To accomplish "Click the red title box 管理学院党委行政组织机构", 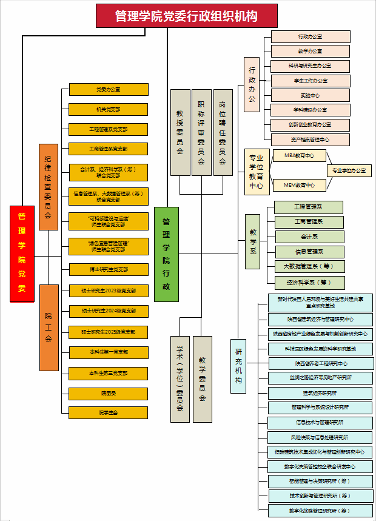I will pyautogui.click(x=186, y=16).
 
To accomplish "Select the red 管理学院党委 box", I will pyautogui.click(x=22, y=249).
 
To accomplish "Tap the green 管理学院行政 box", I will pyautogui.click(x=166, y=255).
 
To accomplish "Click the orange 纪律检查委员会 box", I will pyautogui.click(x=48, y=187).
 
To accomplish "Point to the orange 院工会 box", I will pyautogui.click(x=48, y=327).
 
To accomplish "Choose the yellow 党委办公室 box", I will pyautogui.click(x=109, y=89).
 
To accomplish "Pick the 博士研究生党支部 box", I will pyautogui.click(x=109, y=270).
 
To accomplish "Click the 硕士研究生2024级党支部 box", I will pyautogui.click(x=109, y=311).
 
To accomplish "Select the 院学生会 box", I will pyautogui.click(x=109, y=412).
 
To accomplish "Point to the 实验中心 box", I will pyautogui.click(x=311, y=95).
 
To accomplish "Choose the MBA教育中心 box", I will pyautogui.click(x=300, y=156).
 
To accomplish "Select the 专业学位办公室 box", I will pyautogui.click(x=349, y=170).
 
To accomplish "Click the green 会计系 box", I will pyautogui.click(x=309, y=237).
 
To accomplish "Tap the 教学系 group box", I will pyautogui.click(x=252, y=241).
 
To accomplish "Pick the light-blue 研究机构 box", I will pyautogui.click(x=238, y=366).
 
